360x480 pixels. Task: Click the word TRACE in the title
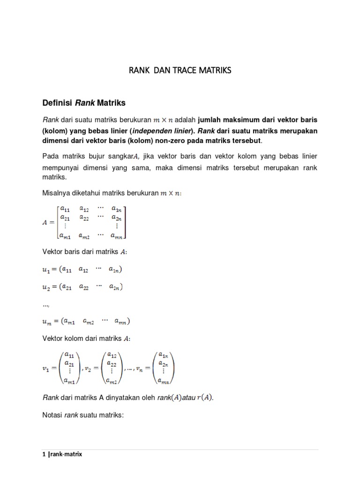pos(182,71)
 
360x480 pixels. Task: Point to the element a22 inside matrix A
pos(85,217)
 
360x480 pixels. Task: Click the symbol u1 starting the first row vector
pos(46,270)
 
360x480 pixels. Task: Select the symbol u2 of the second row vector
pos(46,287)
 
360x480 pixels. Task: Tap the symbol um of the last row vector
pos(47,322)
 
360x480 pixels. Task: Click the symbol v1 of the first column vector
pos(46,369)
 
